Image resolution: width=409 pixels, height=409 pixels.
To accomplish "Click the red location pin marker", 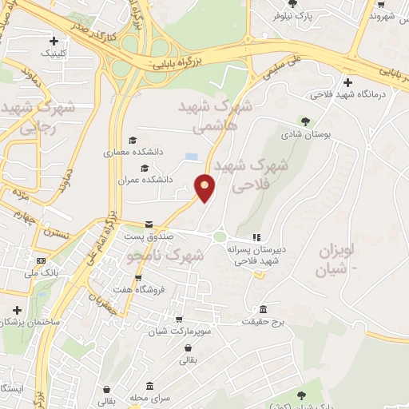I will pos(205,187).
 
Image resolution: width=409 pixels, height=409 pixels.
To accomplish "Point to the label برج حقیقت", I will pos(263,321).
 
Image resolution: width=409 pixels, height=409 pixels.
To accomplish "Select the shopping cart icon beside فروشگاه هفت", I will pos(139,279).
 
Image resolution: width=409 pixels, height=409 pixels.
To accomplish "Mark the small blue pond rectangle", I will pos(192,157).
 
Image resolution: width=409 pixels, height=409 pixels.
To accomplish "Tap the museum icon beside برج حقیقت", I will pos(263,309).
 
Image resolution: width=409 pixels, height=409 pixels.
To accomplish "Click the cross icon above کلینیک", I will pos(54,41).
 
